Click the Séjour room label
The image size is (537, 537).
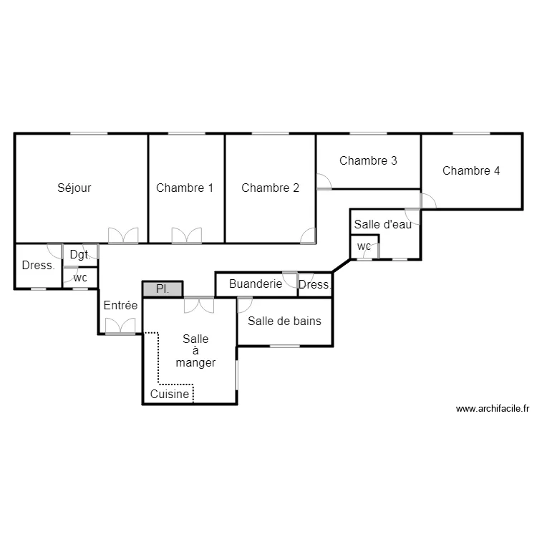74,188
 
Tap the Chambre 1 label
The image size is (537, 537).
185,188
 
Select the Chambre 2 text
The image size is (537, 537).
270,188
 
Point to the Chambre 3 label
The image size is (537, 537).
368,160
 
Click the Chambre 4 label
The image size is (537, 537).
471,170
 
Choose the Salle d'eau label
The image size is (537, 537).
383,224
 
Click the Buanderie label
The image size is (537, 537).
255,284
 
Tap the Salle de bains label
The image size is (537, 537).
284,321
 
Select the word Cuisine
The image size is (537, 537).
170,395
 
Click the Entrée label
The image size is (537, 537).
120,305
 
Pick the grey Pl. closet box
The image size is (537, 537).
163,289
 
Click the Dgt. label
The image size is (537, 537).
79,254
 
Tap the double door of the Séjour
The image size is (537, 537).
122,236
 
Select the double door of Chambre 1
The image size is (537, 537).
186,236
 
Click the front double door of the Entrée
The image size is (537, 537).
120,326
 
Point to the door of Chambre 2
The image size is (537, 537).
308,236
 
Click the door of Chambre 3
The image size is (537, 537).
324,182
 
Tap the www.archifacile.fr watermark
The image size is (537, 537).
492,410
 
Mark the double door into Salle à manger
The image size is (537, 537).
198,304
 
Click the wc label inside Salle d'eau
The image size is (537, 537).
364,246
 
